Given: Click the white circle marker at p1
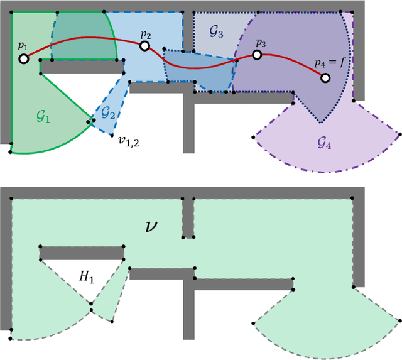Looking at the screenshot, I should point(23,58).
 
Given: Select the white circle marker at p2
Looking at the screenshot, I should point(145,46).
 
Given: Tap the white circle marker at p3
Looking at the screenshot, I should point(257,55).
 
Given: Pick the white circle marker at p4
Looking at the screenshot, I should point(325,78).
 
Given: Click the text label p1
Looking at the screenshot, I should point(23,45).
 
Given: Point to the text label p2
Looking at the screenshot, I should point(146,33).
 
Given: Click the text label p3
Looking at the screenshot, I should point(260,43).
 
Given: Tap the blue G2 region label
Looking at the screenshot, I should point(107,113).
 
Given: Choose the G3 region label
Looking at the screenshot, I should point(215,33).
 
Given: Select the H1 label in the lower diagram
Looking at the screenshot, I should point(86,277).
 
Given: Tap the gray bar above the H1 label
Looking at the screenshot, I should point(82,253).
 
